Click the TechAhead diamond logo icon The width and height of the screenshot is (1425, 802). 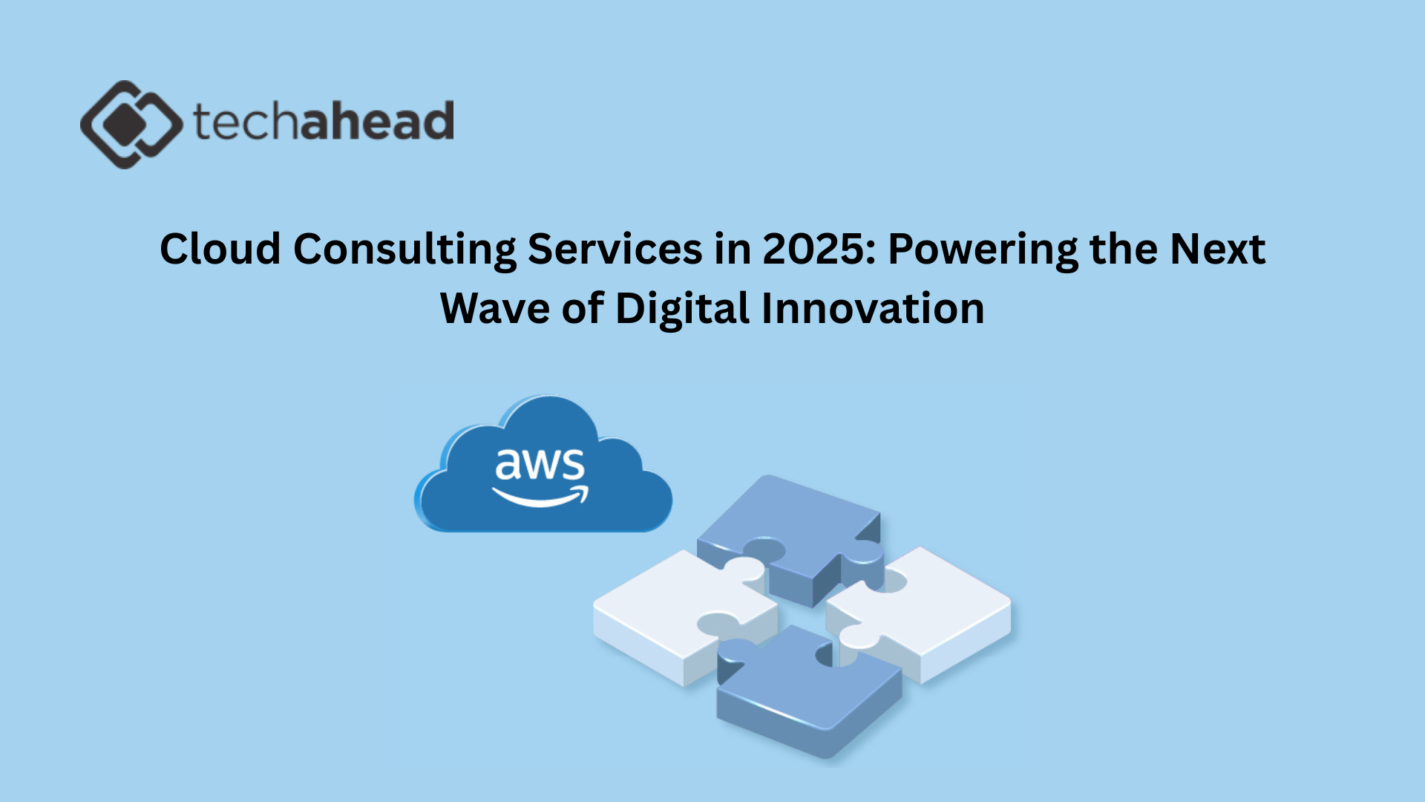click(131, 124)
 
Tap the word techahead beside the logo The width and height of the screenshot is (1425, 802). click(324, 121)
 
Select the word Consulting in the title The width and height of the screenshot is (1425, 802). click(404, 250)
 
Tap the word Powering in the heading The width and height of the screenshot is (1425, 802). click(983, 250)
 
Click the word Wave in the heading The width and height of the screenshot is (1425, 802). click(495, 307)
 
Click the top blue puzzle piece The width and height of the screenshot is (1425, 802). click(791, 538)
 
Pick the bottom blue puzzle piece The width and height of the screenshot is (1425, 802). click(809, 691)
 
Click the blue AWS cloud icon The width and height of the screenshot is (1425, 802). click(543, 464)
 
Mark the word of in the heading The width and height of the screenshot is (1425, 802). click(583, 307)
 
